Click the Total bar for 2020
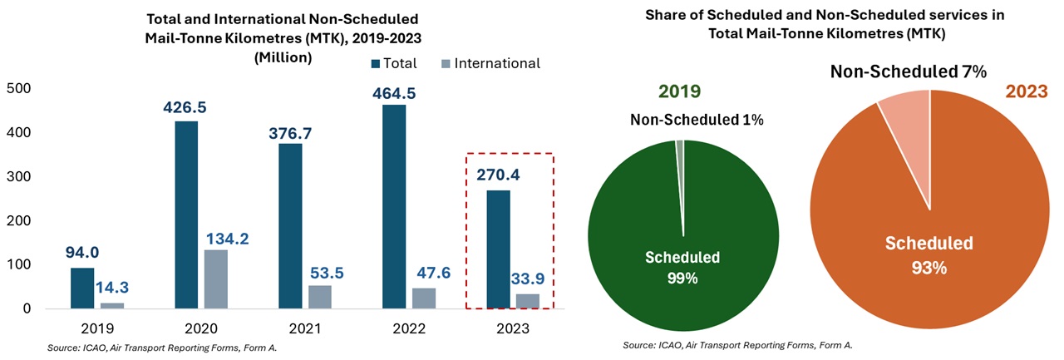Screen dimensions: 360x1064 [x=186, y=215]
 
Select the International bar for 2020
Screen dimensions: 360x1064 [x=215, y=279]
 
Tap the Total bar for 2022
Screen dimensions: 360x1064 [x=395, y=207]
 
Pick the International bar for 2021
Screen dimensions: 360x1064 [x=319, y=297]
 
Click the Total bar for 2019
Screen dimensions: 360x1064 [x=82, y=288]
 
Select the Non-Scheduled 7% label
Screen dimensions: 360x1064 [x=909, y=72]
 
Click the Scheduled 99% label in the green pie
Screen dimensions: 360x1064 [x=682, y=267]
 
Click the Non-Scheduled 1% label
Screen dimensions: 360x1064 [x=697, y=121]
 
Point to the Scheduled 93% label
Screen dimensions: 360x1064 [x=929, y=255]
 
